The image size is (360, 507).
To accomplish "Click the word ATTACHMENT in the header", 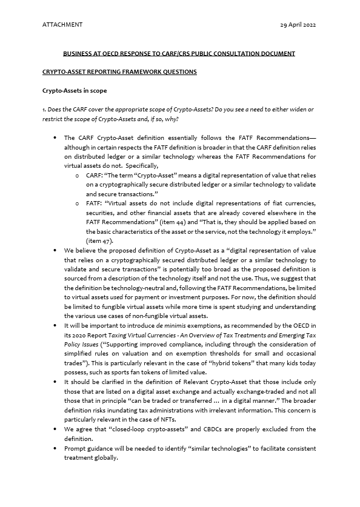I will [62, 25].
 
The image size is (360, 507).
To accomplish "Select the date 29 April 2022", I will [298, 25].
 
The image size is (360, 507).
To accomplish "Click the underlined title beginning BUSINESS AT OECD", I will [179, 53].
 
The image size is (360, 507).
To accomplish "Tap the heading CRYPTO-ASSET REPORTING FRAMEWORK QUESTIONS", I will [119, 71].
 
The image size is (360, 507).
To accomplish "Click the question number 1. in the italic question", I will [45, 109].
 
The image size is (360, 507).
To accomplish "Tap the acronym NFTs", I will [164, 419].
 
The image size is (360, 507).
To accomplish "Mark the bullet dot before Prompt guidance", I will [56, 448].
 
